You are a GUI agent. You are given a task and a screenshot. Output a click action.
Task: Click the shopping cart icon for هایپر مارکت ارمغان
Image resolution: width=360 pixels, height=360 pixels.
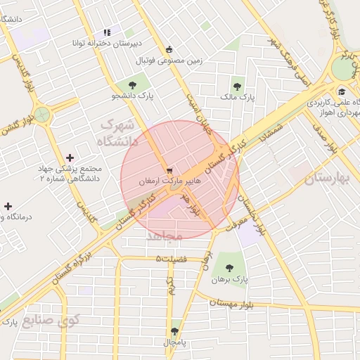pos(169,171)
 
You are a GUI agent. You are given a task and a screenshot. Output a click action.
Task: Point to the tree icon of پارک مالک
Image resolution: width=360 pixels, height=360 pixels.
pos(236,86)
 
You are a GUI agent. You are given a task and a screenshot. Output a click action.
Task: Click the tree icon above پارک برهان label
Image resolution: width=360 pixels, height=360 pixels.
pos(229,267)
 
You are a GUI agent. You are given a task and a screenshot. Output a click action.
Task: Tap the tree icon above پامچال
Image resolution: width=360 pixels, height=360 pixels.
pos(174,331)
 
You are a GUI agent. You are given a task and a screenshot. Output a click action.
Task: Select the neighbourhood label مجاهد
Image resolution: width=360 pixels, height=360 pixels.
pos(165,236)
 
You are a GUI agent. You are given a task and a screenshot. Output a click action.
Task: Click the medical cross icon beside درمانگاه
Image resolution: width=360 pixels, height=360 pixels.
pos(7,206)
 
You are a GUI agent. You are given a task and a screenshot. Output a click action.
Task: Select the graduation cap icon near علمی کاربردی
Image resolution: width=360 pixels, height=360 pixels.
pos(342,91)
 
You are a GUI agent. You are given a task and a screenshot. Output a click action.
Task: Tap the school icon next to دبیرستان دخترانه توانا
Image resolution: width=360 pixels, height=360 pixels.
pos(107,32)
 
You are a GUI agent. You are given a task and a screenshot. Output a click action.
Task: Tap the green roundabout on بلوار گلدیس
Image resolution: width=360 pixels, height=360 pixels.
pos(41,114)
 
